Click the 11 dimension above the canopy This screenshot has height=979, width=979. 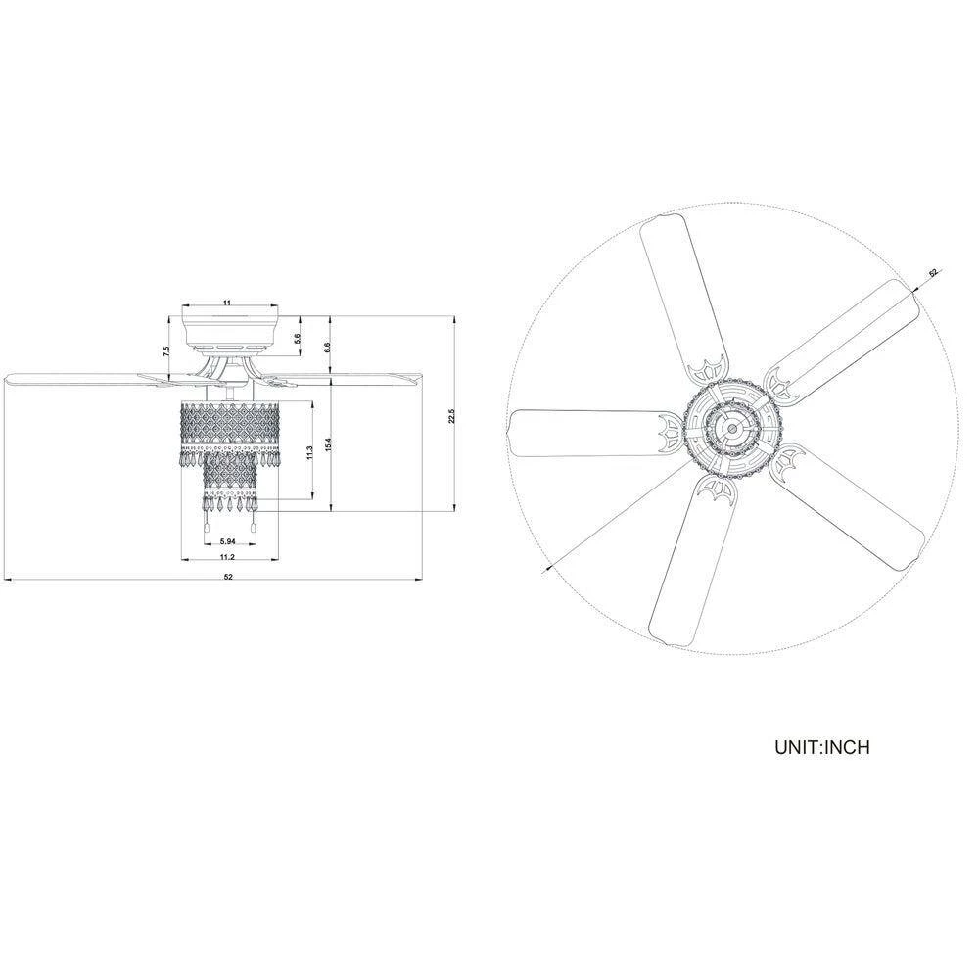click(x=227, y=303)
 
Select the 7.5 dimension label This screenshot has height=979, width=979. click(x=166, y=351)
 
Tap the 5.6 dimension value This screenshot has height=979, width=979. click(x=298, y=338)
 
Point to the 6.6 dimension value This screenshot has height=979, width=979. click(x=327, y=347)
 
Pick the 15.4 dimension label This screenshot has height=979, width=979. click(x=327, y=444)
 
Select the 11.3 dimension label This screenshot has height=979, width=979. click(x=309, y=453)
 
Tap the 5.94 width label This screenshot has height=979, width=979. click(x=227, y=541)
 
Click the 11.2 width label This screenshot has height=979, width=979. click(x=227, y=557)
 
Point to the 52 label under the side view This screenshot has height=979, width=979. click(x=228, y=577)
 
